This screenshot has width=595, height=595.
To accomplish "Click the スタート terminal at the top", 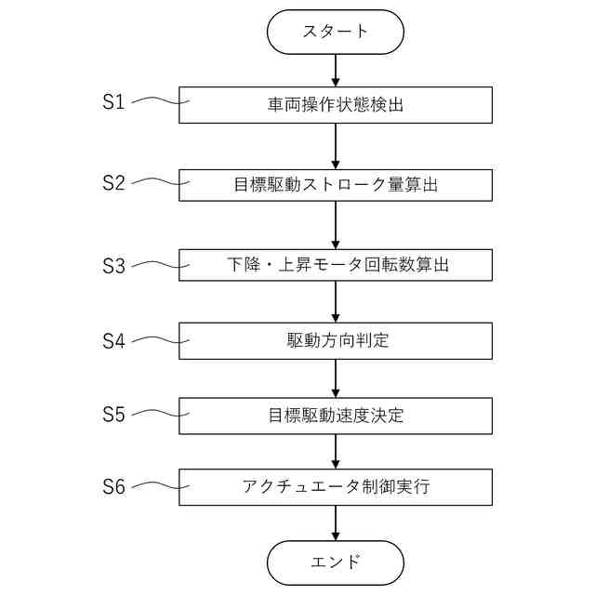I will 335,32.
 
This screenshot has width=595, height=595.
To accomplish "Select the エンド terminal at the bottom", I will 335,562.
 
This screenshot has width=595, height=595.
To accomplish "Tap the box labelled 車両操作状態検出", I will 335,105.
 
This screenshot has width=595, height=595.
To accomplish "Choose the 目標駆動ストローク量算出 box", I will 335,184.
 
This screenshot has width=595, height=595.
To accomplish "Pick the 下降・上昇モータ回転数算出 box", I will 335,263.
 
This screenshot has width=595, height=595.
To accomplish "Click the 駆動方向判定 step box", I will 335,340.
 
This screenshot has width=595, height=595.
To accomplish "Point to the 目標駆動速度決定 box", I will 335,416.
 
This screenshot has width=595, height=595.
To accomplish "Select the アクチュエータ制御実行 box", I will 335,486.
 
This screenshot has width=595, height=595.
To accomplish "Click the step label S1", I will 113,102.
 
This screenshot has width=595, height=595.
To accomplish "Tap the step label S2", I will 113,182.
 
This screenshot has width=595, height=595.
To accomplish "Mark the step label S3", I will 113,265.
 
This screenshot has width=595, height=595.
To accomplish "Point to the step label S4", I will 113,340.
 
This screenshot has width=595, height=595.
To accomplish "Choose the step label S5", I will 113,415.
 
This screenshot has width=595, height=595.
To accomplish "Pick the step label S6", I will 113,485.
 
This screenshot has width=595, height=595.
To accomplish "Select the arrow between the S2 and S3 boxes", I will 335,224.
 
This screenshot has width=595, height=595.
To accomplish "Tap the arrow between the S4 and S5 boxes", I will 335,378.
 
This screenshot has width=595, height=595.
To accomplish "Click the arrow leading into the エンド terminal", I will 335,523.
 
